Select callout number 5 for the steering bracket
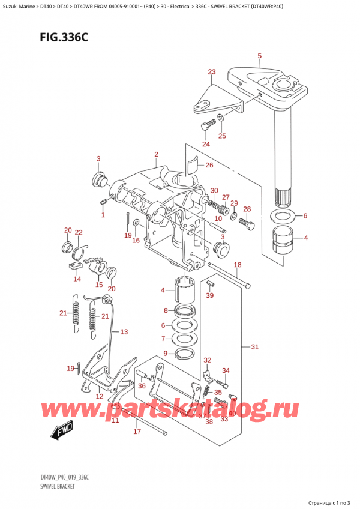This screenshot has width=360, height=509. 259,57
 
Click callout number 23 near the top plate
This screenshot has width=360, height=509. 211,73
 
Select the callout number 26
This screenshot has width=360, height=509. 209,166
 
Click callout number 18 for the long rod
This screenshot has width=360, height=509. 237,265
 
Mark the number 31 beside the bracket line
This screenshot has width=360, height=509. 254,347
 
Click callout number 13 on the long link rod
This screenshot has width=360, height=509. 124,331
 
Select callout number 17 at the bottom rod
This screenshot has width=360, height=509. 137,431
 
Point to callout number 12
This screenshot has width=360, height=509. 100,396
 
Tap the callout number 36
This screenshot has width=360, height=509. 142,386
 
